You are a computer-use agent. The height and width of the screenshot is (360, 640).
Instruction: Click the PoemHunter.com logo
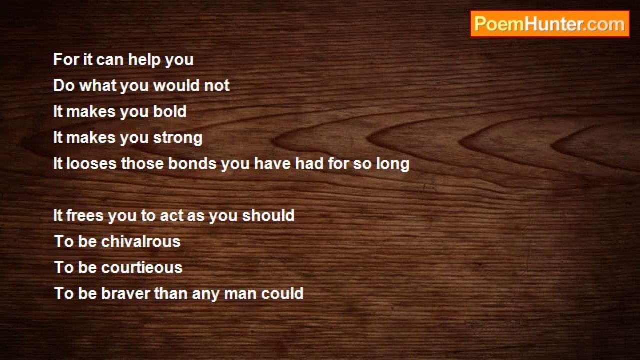click(550, 24)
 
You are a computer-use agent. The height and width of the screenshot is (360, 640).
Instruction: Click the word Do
click(64, 85)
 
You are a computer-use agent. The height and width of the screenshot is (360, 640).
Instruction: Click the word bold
click(170, 111)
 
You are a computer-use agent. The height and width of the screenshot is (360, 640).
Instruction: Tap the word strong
click(178, 138)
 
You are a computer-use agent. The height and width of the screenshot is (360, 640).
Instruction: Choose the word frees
click(85, 215)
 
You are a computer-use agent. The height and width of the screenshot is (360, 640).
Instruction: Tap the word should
click(268, 215)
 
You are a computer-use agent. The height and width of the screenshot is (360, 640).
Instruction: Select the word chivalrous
click(141, 241)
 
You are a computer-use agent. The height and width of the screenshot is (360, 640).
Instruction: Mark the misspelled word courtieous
click(142, 267)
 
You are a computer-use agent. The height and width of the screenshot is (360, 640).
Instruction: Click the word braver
click(125, 293)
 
